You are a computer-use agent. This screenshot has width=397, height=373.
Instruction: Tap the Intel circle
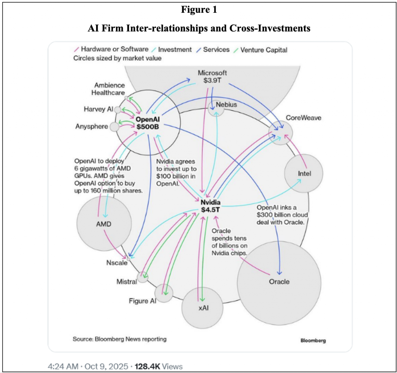304,174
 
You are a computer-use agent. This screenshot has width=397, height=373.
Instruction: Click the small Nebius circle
216,108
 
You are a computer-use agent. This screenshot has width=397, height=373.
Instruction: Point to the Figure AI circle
164,293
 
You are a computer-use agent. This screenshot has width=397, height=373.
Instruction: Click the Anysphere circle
114,127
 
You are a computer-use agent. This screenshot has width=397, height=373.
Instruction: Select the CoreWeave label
303,118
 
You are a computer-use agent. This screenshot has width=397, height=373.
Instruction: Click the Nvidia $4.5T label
211,206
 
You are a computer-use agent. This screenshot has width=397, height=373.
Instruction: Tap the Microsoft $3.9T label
212,76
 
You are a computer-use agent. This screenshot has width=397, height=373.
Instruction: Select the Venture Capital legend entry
264,50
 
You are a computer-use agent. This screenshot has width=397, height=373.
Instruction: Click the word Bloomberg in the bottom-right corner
313,340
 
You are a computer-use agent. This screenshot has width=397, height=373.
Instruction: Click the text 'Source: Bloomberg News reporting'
119,339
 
